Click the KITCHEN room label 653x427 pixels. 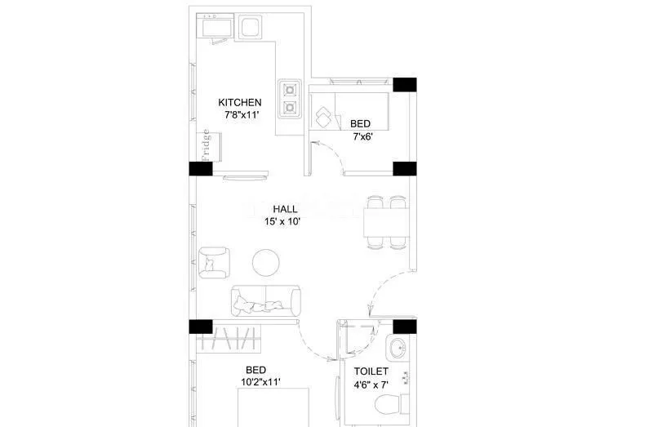coord(239,102)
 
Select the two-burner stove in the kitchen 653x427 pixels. coord(289,97)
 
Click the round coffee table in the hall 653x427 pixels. coord(265,262)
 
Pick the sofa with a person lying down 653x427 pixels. coord(265,301)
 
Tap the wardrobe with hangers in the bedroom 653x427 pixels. coord(236,338)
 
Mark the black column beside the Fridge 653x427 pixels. coord(201,168)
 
